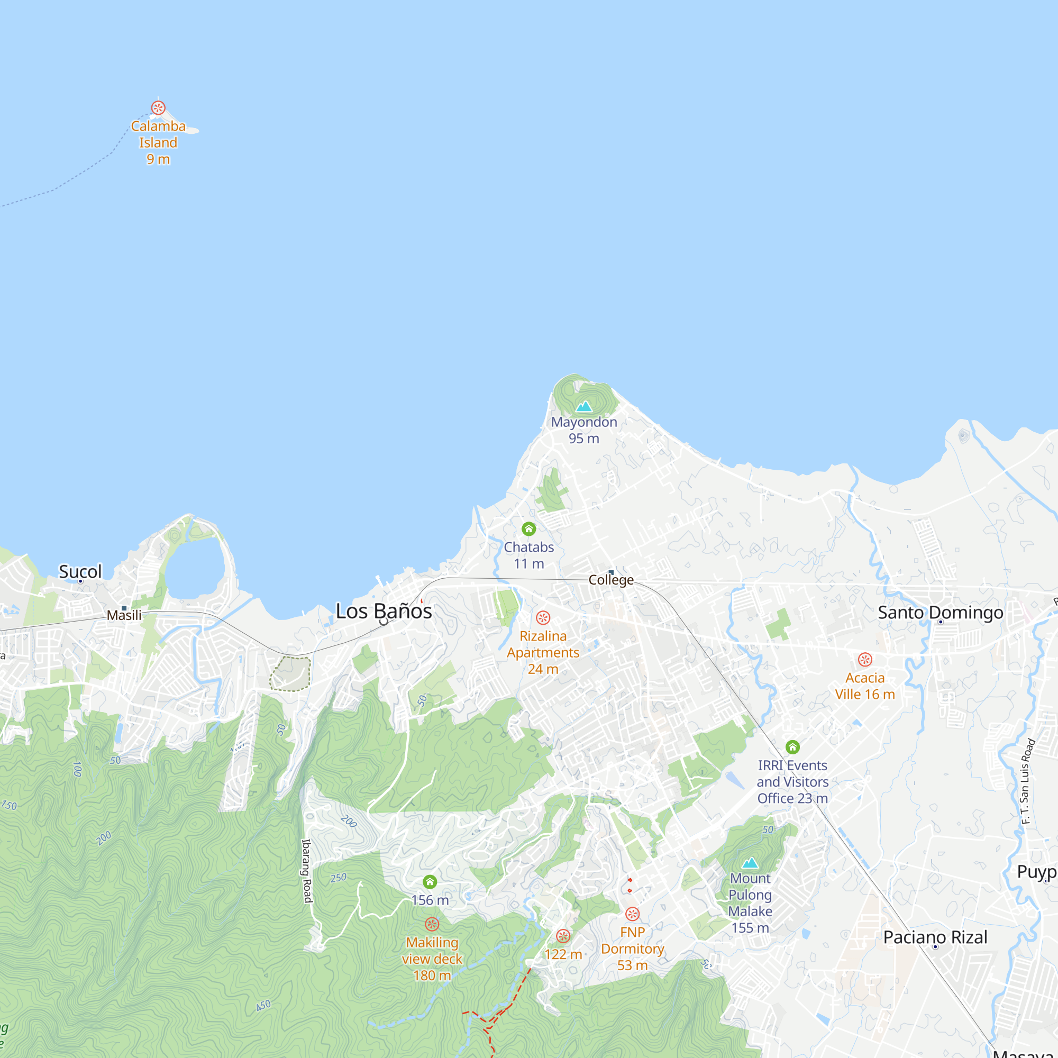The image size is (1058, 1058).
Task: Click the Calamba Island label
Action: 158,142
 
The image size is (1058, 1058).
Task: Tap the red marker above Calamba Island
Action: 158,107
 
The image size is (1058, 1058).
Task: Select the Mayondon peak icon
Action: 584,406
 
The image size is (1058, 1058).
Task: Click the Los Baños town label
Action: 384,611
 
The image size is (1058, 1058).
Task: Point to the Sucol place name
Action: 80,572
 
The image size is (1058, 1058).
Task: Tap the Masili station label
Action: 124,615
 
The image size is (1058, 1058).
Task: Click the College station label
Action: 610,580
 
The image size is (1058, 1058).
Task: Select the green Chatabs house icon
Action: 528,528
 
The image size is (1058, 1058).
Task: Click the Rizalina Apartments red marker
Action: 543,618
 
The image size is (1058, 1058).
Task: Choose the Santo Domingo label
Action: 940,612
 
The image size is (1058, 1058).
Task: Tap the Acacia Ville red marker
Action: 865,659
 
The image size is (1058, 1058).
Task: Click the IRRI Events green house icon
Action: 792,747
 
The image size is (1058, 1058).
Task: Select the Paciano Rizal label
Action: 935,937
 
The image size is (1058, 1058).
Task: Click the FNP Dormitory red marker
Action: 632,914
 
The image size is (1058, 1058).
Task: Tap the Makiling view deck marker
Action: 432,924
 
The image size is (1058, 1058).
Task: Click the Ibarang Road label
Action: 307,871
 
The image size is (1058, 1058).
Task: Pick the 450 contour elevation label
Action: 263,1006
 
